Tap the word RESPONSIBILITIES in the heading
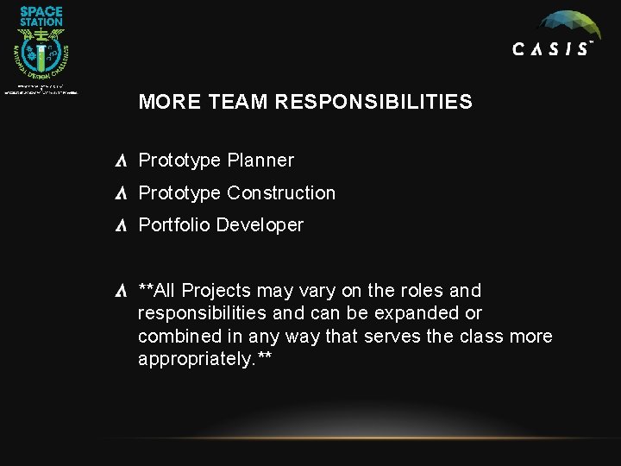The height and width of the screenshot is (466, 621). (x=373, y=103)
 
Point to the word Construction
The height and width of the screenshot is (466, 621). (x=281, y=193)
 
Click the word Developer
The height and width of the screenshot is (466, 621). (x=260, y=225)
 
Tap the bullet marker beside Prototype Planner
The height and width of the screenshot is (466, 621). (x=122, y=161)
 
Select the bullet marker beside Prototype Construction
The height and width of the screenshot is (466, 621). (x=122, y=193)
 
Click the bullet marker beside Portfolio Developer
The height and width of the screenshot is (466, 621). (x=122, y=225)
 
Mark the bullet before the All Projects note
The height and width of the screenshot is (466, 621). (x=122, y=291)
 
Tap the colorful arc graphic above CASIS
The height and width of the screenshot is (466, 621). (x=566, y=23)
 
